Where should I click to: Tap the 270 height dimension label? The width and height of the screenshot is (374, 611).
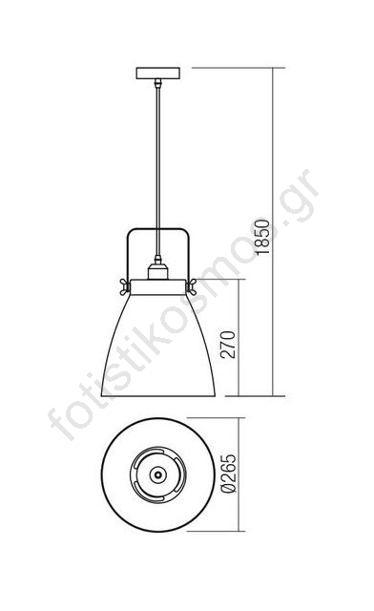(228, 345)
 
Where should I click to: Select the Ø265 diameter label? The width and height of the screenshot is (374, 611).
(229, 474)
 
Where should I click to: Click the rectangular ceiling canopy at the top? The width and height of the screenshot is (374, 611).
(158, 74)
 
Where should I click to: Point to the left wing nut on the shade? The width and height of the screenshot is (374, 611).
(125, 286)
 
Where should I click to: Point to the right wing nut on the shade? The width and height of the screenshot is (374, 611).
(191, 286)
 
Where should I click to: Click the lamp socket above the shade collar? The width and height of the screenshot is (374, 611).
(157, 271)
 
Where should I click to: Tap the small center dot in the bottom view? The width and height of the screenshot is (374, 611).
(157, 474)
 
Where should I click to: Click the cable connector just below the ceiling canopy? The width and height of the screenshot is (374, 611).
(157, 83)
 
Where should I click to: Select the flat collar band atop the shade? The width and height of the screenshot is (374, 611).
(157, 286)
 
